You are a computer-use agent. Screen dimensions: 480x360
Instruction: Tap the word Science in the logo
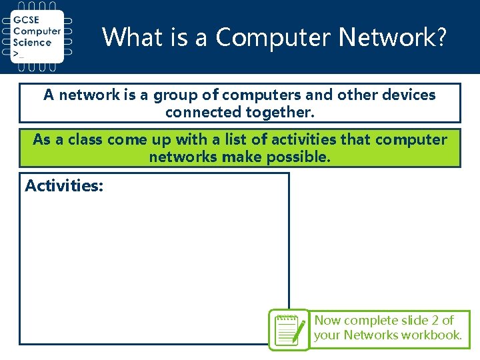(x=32, y=42)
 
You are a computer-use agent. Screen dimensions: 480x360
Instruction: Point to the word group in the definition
(x=174, y=95)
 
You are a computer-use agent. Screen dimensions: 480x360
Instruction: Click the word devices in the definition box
(x=408, y=95)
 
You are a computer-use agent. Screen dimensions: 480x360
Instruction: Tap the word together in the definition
(x=280, y=112)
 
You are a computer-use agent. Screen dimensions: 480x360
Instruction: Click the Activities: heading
(x=64, y=186)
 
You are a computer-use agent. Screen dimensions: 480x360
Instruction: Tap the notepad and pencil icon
(x=289, y=329)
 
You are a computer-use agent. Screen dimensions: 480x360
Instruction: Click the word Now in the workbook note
(x=327, y=321)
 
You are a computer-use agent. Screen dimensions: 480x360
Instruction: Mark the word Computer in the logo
(x=37, y=31)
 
